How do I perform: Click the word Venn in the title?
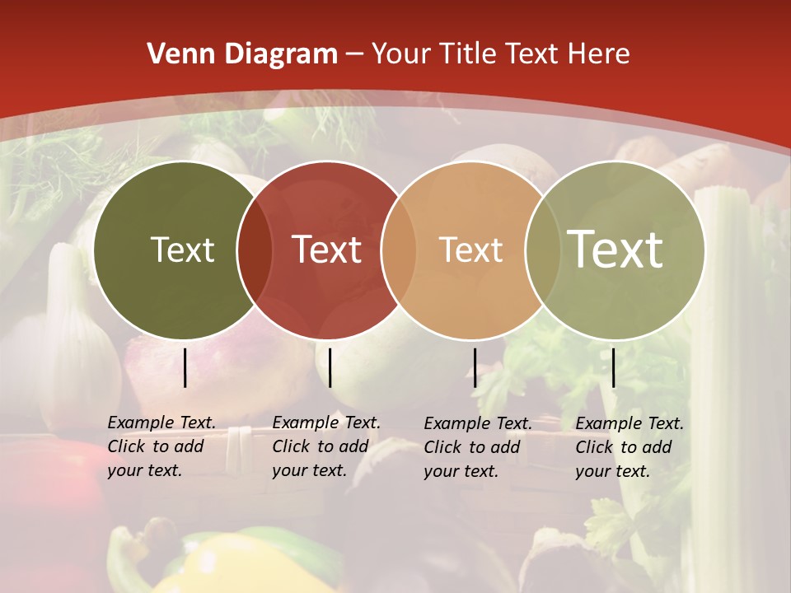coord(177,54)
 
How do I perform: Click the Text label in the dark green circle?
coord(182,250)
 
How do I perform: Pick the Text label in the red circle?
coord(326,250)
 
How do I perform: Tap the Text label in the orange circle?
coord(470,250)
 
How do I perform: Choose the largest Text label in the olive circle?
coord(615,250)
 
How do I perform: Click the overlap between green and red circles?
coord(255,250)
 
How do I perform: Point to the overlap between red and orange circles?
coord(399,250)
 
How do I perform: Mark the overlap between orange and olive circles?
coord(542,250)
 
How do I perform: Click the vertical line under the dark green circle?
coord(185,367)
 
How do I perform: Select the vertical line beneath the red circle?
coord(330,367)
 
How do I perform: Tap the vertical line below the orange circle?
coord(475,367)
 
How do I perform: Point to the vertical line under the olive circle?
coord(614,367)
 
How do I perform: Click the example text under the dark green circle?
coord(161,446)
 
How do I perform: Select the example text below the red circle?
coord(325,446)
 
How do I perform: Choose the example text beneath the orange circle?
coord(477,447)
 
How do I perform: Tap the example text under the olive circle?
coord(629,447)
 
